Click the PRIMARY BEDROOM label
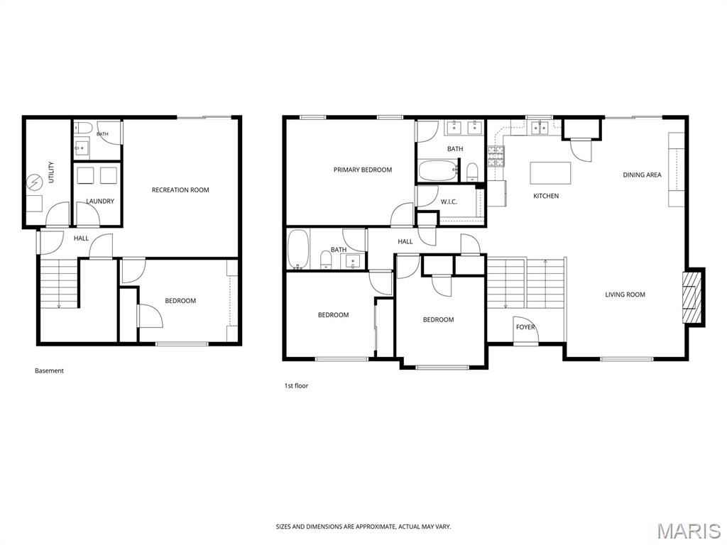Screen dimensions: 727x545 point(363,170)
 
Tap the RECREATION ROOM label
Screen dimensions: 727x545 point(180,190)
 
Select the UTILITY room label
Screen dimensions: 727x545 point(51,172)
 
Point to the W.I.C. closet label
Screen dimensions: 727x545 point(449,202)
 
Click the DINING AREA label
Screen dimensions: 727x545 point(642,175)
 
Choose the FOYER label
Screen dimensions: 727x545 point(525,327)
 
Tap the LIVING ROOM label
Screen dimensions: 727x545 point(625,294)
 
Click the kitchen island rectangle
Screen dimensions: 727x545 point(550,173)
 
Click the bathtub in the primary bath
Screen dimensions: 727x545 point(438,170)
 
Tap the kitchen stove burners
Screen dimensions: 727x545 point(496,156)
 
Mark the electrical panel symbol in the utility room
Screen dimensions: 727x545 point(34,182)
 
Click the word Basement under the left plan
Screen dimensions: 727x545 point(49,370)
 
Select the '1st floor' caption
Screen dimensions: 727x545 point(296,385)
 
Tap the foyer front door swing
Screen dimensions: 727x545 point(525,331)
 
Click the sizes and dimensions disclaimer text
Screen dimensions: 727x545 point(363,527)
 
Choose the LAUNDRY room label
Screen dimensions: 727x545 point(100,202)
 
